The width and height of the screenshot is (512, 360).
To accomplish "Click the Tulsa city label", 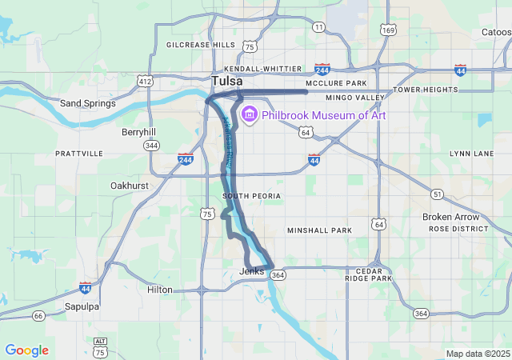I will pyautogui.click(x=227, y=82).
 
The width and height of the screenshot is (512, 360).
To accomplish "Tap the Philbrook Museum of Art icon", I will pyautogui.click(x=249, y=115).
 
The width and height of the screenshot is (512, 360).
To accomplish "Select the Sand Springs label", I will pyautogui.click(x=88, y=103).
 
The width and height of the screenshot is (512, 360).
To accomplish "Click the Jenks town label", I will pyautogui.click(x=251, y=272).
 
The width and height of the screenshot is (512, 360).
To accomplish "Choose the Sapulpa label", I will pyautogui.click(x=82, y=306).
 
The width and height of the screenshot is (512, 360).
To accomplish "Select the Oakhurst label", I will pyautogui.click(x=129, y=186).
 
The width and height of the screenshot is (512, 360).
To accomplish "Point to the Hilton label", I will pyautogui.click(x=159, y=290).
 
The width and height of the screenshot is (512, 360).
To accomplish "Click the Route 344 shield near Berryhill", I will pyautogui.click(x=151, y=146).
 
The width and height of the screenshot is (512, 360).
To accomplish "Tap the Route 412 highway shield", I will pyautogui.click(x=145, y=82).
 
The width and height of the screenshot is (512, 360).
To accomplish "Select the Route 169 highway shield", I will pyautogui.click(x=388, y=30).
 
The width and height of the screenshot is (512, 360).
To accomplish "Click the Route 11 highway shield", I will pyautogui.click(x=318, y=27).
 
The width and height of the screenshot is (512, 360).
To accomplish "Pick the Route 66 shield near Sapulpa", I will pyautogui.click(x=38, y=316).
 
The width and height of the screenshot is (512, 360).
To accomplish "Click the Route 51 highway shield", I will pyautogui.click(x=437, y=194).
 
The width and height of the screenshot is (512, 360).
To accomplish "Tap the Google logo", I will pyautogui.click(x=26, y=350).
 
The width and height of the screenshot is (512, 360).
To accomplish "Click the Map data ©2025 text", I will pyautogui.click(x=478, y=354).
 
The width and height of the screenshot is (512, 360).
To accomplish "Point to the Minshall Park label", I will pyautogui.click(x=319, y=230).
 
